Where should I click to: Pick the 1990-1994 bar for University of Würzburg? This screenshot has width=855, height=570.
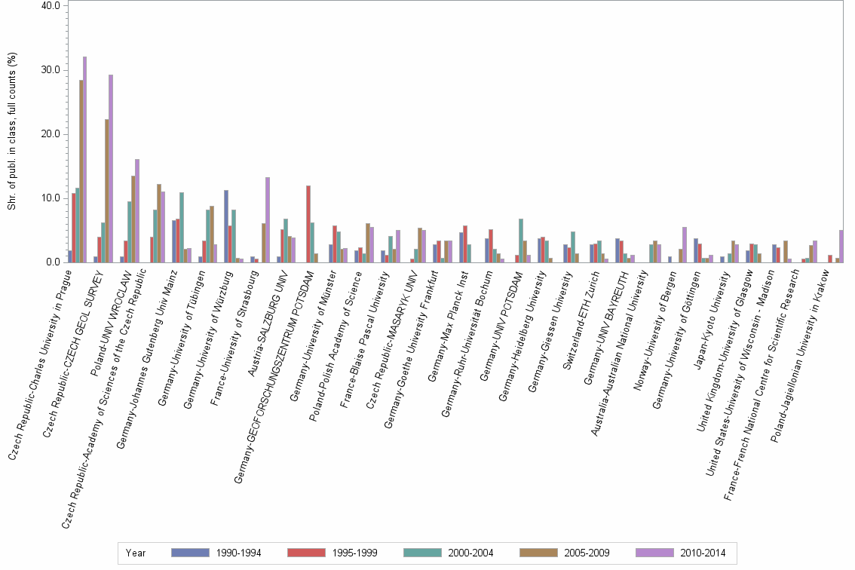tap(226, 226)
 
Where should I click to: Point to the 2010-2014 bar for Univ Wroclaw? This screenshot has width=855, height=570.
tap(137, 211)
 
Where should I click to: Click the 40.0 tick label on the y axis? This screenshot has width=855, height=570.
tap(51, 5)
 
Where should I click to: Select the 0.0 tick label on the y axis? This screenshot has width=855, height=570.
tap(54, 262)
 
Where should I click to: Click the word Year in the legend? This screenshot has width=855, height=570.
tap(136, 553)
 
